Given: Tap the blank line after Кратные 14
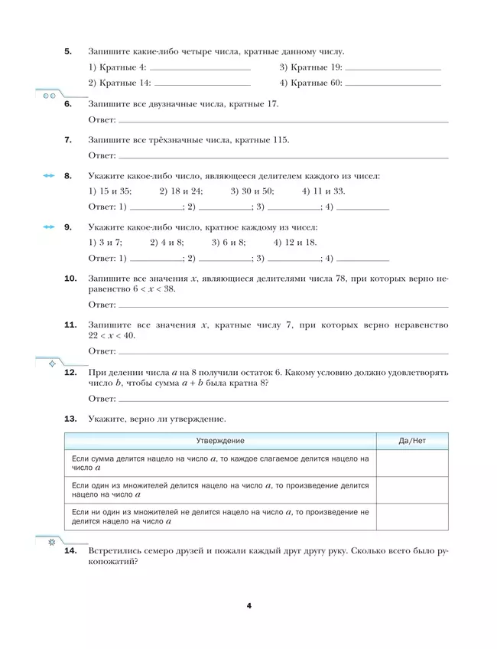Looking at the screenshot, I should pyautogui.click(x=202, y=83).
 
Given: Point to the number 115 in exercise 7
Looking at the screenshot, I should pyautogui.click(x=279, y=140).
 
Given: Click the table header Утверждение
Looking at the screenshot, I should pyautogui.click(x=220, y=442).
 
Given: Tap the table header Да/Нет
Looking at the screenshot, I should pyautogui.click(x=412, y=442).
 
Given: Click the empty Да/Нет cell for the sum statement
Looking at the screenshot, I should pyautogui.click(x=412, y=463).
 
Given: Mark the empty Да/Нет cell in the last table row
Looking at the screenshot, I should pyautogui.click(x=412, y=517).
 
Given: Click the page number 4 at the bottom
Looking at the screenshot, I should pyautogui.click(x=248, y=605).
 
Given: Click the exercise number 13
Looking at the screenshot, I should pyautogui.click(x=70, y=419).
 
